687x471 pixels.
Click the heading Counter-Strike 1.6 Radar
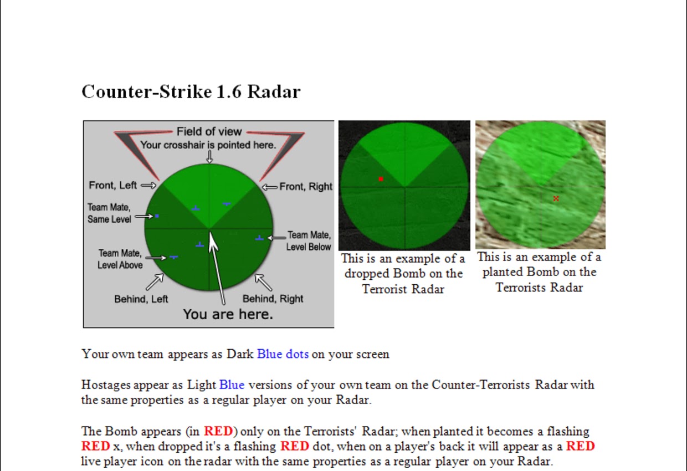(x=191, y=91)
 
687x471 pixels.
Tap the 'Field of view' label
(x=209, y=131)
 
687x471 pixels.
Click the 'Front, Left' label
(x=113, y=185)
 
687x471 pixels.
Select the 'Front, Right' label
(x=306, y=186)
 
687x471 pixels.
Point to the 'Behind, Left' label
(x=141, y=299)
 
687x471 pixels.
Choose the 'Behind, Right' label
(x=273, y=299)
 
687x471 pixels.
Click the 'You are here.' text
(x=228, y=314)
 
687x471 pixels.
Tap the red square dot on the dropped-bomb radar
(x=381, y=179)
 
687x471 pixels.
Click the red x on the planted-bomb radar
(x=556, y=198)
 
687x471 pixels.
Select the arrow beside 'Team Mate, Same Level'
(x=144, y=216)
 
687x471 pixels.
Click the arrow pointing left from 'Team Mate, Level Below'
(x=276, y=238)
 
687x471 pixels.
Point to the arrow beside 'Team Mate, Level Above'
(x=156, y=258)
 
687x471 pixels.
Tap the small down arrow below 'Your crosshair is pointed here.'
(x=209, y=157)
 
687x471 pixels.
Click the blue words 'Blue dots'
(x=283, y=354)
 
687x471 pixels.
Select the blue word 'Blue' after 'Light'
(x=232, y=385)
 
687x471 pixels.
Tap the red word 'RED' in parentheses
(x=218, y=431)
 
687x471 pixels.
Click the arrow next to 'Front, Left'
(x=148, y=185)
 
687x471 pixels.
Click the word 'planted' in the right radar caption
(x=503, y=272)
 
